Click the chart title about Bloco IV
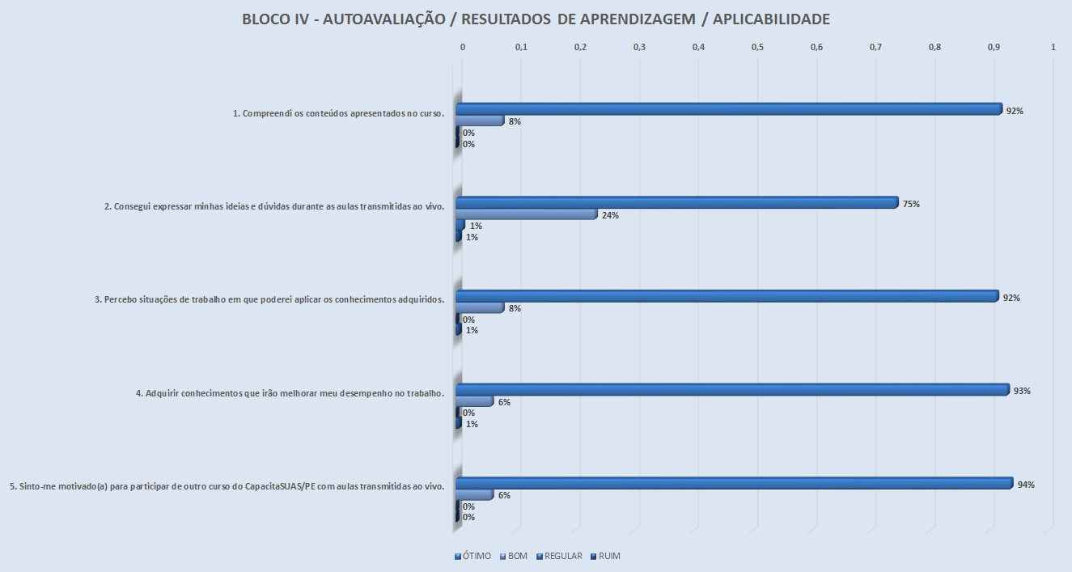536,19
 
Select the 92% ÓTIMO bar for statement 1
728,109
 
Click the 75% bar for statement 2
676,202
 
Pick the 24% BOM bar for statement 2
526,214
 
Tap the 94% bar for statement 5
734,484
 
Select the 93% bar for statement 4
732,390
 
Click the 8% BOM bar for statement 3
481,307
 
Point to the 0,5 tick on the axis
757,48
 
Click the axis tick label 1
1053,48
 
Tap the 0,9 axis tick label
994,48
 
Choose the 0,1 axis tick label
521,48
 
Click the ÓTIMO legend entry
472,556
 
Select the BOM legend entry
514,556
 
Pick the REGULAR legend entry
559,556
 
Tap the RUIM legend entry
605,556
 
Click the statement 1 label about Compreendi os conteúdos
338,113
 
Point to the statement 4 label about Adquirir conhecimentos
290,393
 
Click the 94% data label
1027,485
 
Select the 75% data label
912,204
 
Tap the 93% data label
1022,391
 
